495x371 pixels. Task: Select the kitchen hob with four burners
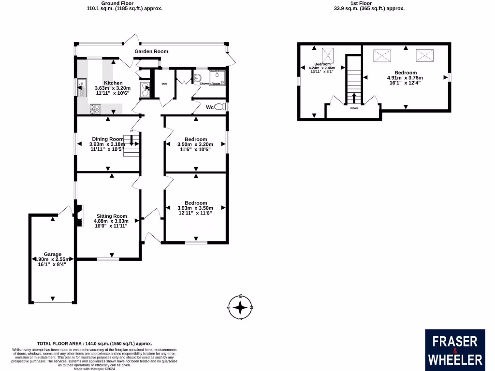pyautogui.click(x=94, y=109)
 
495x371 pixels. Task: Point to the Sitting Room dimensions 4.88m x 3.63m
pyautogui.click(x=111, y=221)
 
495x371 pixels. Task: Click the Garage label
pyautogui.click(x=53, y=254)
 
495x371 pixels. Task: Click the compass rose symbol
pyautogui.click(x=240, y=307)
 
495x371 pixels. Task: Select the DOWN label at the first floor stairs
pyautogui.click(x=354, y=109)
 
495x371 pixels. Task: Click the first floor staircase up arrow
pyautogui.click(x=354, y=97)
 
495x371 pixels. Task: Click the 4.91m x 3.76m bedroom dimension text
pyautogui.click(x=405, y=78)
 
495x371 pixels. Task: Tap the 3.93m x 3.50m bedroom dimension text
pyautogui.click(x=195, y=208)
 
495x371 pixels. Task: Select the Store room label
pyautogui.click(x=164, y=84)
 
